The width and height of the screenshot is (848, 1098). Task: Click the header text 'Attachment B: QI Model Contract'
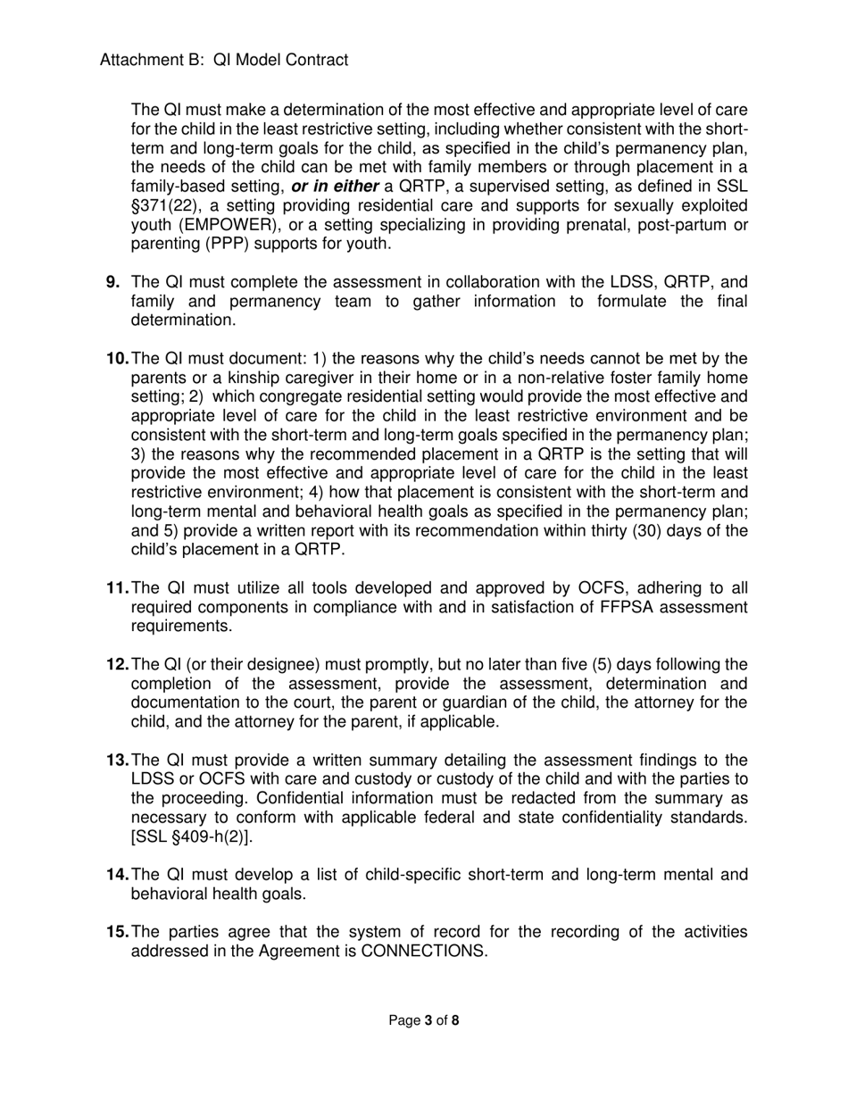pos(224,60)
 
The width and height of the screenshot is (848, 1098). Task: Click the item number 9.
pos(113,282)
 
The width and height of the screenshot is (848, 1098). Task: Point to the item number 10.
pos(118,359)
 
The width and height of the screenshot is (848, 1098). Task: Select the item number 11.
pos(118,588)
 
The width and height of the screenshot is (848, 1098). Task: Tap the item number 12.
pos(118,665)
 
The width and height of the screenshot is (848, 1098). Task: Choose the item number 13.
pos(118,761)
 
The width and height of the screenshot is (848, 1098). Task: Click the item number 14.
pos(118,875)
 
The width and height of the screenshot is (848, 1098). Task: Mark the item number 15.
pos(118,933)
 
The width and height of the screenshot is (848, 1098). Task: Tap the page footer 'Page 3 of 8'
pos(424,1020)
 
